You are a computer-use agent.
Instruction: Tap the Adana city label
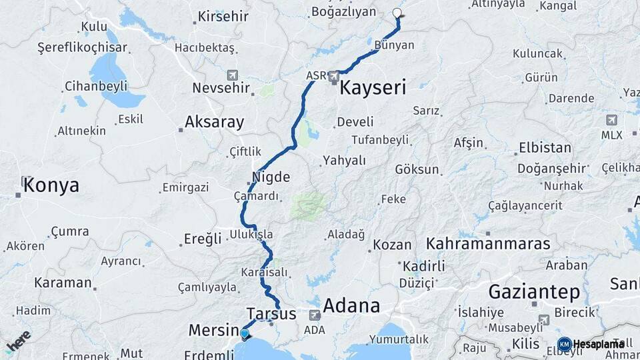tap(351, 307)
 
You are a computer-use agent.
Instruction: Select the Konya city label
tap(51, 186)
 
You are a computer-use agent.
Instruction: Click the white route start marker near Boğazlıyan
tap(398, 13)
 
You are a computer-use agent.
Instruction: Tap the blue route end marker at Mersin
tap(245, 333)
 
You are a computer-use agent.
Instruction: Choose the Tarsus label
tap(271, 313)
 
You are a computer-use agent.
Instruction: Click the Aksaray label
tap(214, 123)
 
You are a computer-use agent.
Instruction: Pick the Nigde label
tap(271, 177)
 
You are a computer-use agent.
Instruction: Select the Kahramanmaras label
tap(488, 243)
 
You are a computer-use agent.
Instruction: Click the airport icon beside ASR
tap(335, 77)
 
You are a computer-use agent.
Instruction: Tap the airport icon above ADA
tap(314, 315)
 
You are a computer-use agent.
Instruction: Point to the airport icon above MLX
tap(611, 121)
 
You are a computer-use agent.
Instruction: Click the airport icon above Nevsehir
tap(232, 75)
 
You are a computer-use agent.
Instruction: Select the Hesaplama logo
tap(591, 344)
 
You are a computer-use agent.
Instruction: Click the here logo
tap(18, 341)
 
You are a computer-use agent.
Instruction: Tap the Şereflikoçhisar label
tap(73, 48)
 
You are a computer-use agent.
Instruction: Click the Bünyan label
tap(395, 45)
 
